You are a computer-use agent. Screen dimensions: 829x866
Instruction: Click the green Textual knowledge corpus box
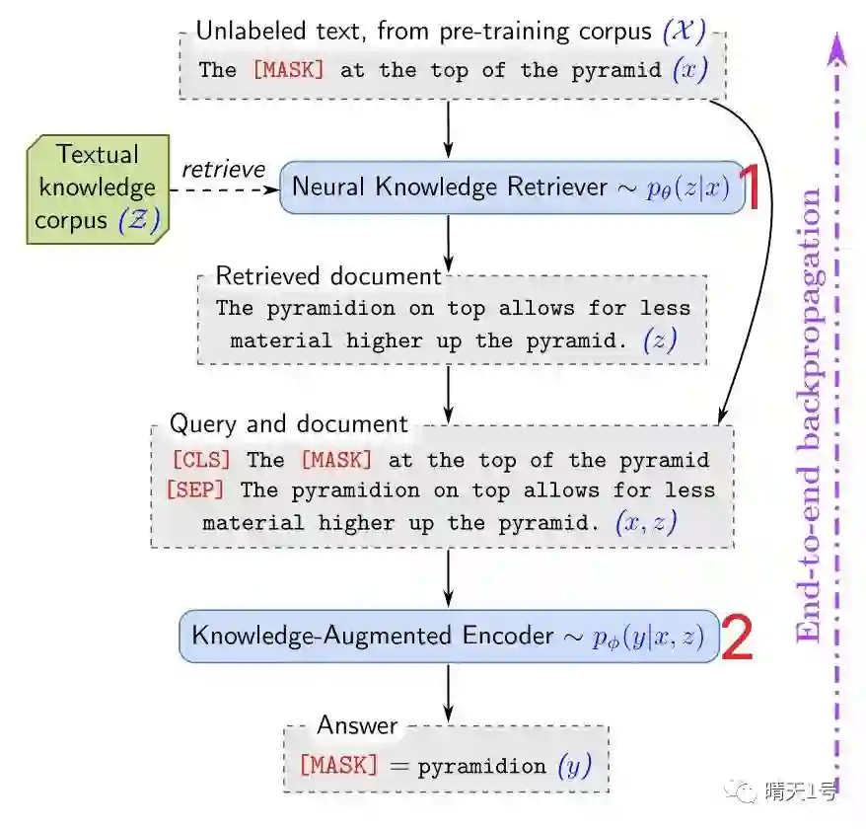[97, 188]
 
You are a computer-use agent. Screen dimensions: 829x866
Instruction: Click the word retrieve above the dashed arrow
[223, 170]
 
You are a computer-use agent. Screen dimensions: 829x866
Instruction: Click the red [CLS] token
[201, 460]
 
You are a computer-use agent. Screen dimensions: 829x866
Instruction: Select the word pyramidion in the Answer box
[481, 767]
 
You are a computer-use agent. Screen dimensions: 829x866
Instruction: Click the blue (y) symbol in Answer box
[574, 766]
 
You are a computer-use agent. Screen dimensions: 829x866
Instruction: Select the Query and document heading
[288, 424]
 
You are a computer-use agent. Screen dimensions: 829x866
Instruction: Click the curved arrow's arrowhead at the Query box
[723, 419]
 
